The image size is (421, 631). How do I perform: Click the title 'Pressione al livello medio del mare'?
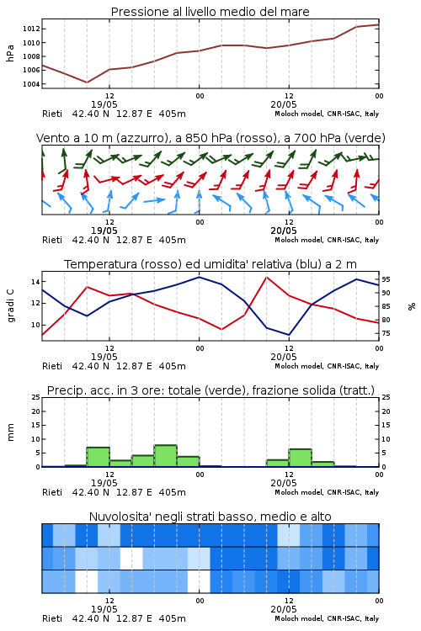click(x=210, y=12)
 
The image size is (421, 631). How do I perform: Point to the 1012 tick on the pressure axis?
click(x=31, y=29)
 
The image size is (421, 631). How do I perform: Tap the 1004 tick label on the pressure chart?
click(x=31, y=84)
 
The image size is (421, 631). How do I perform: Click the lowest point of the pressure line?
click(x=87, y=82)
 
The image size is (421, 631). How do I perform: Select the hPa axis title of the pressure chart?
click(x=10, y=53)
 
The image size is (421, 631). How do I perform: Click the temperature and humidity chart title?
click(x=210, y=264)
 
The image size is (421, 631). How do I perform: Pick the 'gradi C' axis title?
click(x=11, y=305)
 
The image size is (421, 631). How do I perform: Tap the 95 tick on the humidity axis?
click(x=386, y=279)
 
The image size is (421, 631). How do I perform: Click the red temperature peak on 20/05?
click(x=266, y=277)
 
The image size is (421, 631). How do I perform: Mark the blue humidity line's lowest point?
click(x=289, y=335)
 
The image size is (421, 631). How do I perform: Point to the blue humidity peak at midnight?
click(x=199, y=277)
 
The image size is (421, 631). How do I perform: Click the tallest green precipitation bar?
click(x=165, y=456)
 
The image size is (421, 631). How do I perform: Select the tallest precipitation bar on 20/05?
click(x=300, y=458)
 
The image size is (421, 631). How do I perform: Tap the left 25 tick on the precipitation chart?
click(x=36, y=397)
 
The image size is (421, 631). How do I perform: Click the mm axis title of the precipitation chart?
click(x=10, y=432)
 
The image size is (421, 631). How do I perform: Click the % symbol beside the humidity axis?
click(x=412, y=306)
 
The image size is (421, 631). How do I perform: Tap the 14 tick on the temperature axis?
click(x=36, y=282)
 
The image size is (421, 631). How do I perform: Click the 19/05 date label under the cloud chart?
click(x=104, y=609)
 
